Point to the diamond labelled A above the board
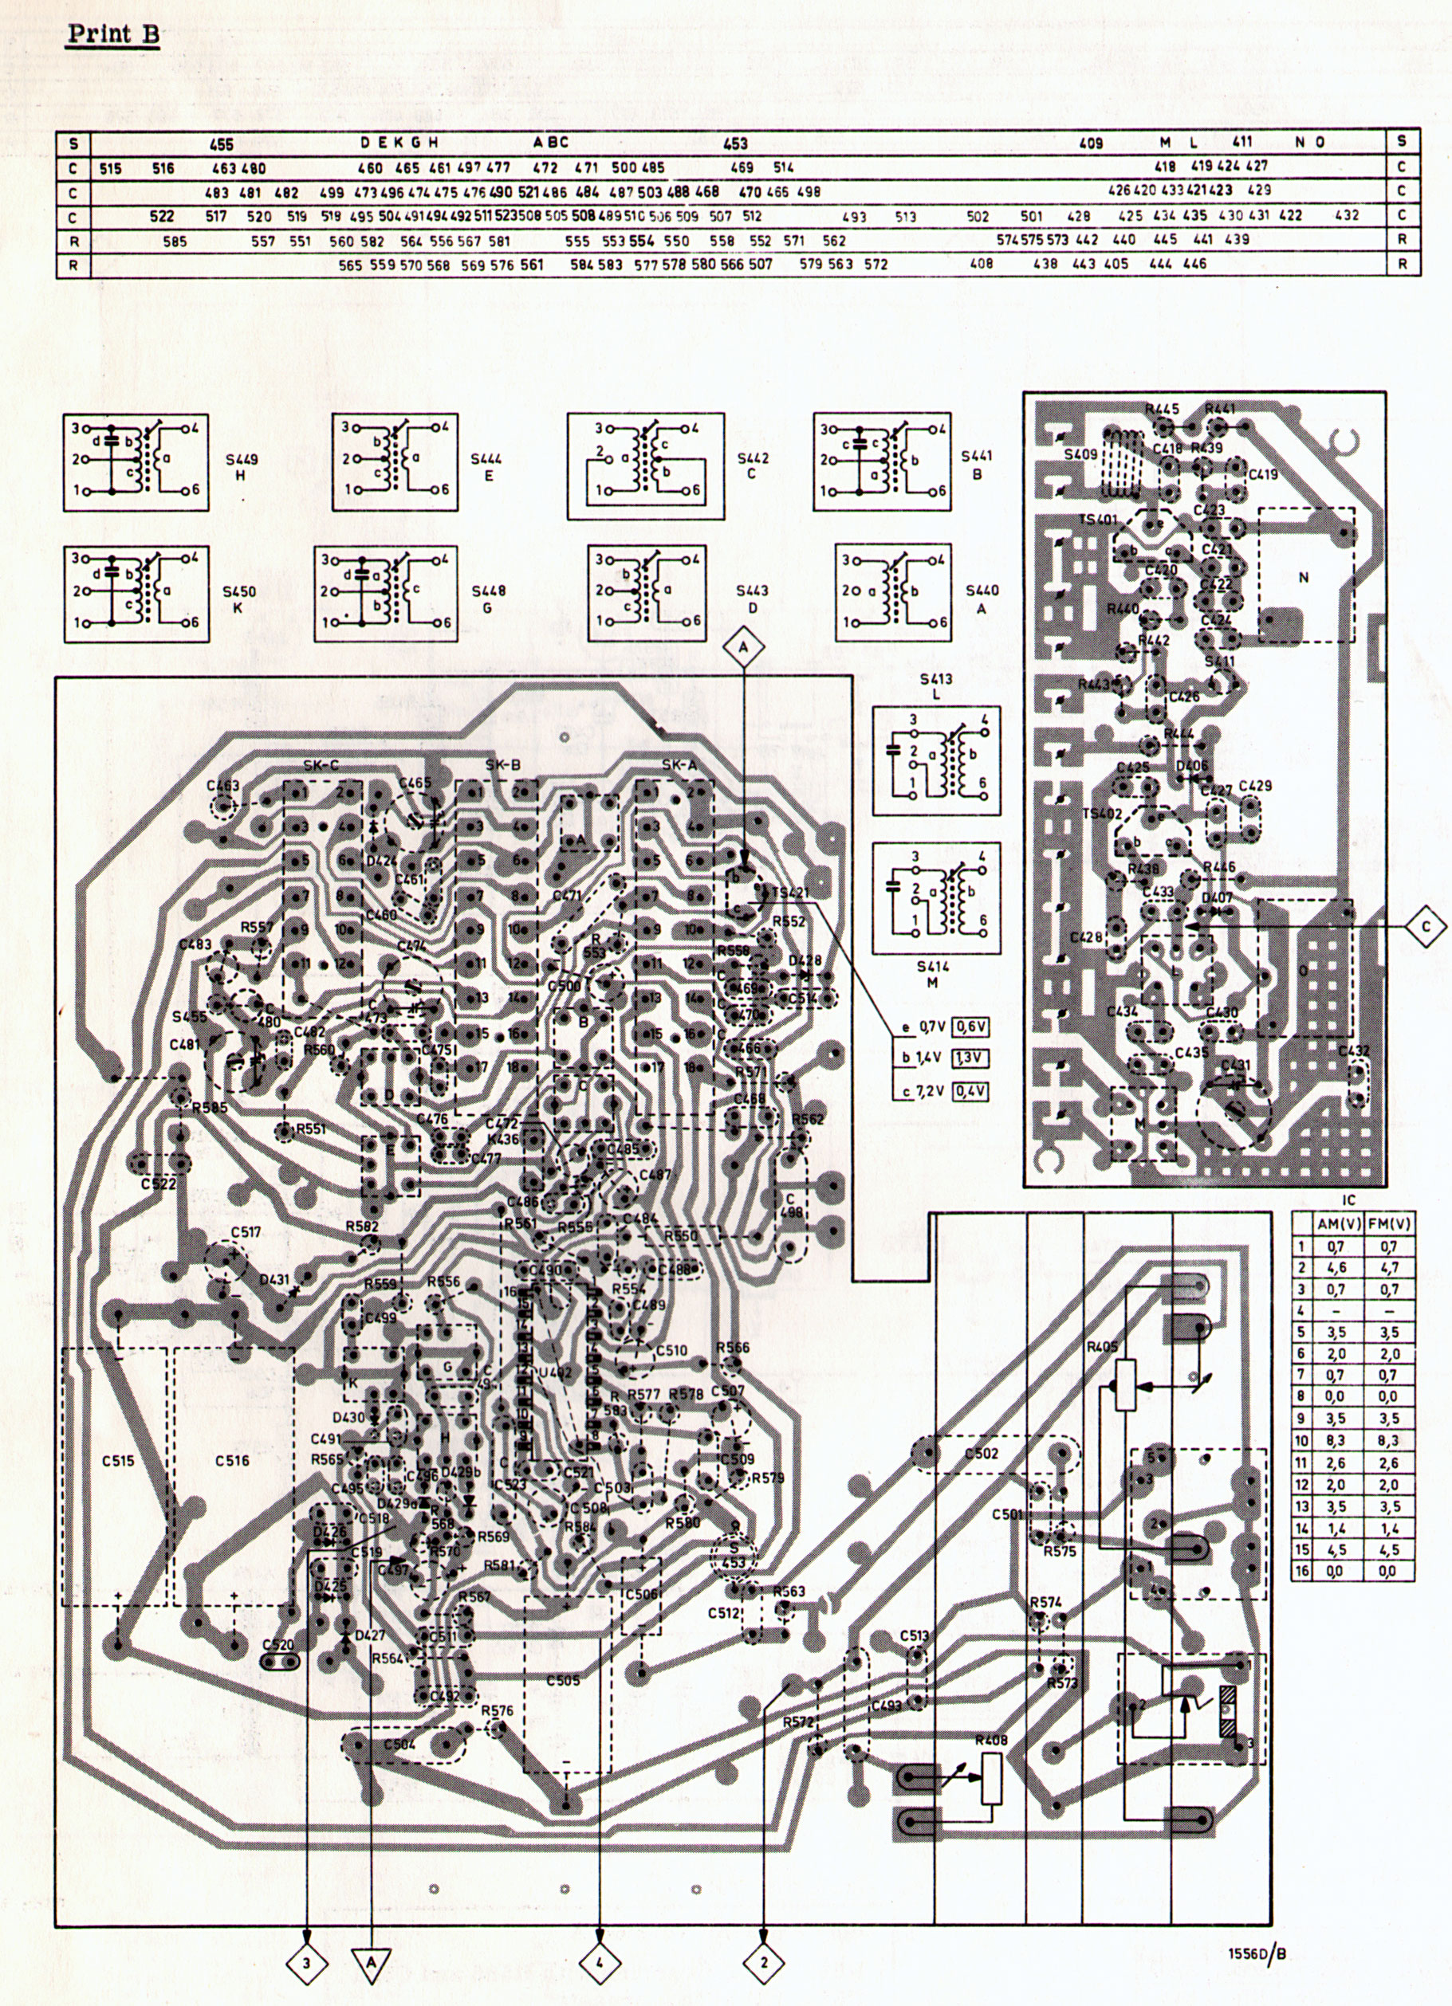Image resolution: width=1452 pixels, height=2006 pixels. click(743, 647)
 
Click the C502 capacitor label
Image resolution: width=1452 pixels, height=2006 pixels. click(982, 1452)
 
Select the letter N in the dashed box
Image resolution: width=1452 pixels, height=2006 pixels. click(1302, 578)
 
